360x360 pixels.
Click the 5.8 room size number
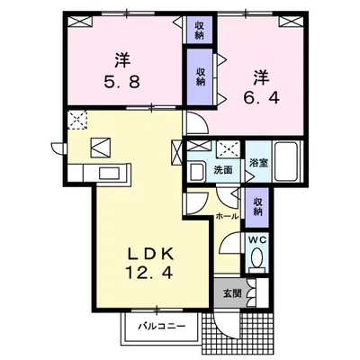[121, 81]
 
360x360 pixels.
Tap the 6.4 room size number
[261, 97]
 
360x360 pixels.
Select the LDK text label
[151, 255]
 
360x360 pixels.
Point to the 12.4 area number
[148, 273]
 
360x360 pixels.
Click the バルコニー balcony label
[162, 326]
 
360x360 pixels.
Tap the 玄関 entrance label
[232, 293]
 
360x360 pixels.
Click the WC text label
[256, 240]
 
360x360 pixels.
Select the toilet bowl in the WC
[256, 259]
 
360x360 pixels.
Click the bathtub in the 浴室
[288, 161]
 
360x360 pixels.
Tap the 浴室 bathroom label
[259, 163]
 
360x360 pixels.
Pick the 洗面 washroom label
[223, 170]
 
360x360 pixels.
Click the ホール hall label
[227, 216]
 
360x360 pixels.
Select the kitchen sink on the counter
[110, 174]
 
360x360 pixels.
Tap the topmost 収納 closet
[199, 30]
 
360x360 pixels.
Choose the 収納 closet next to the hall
[257, 208]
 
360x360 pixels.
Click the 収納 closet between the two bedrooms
[201, 76]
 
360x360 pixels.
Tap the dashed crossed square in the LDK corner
[77, 120]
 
